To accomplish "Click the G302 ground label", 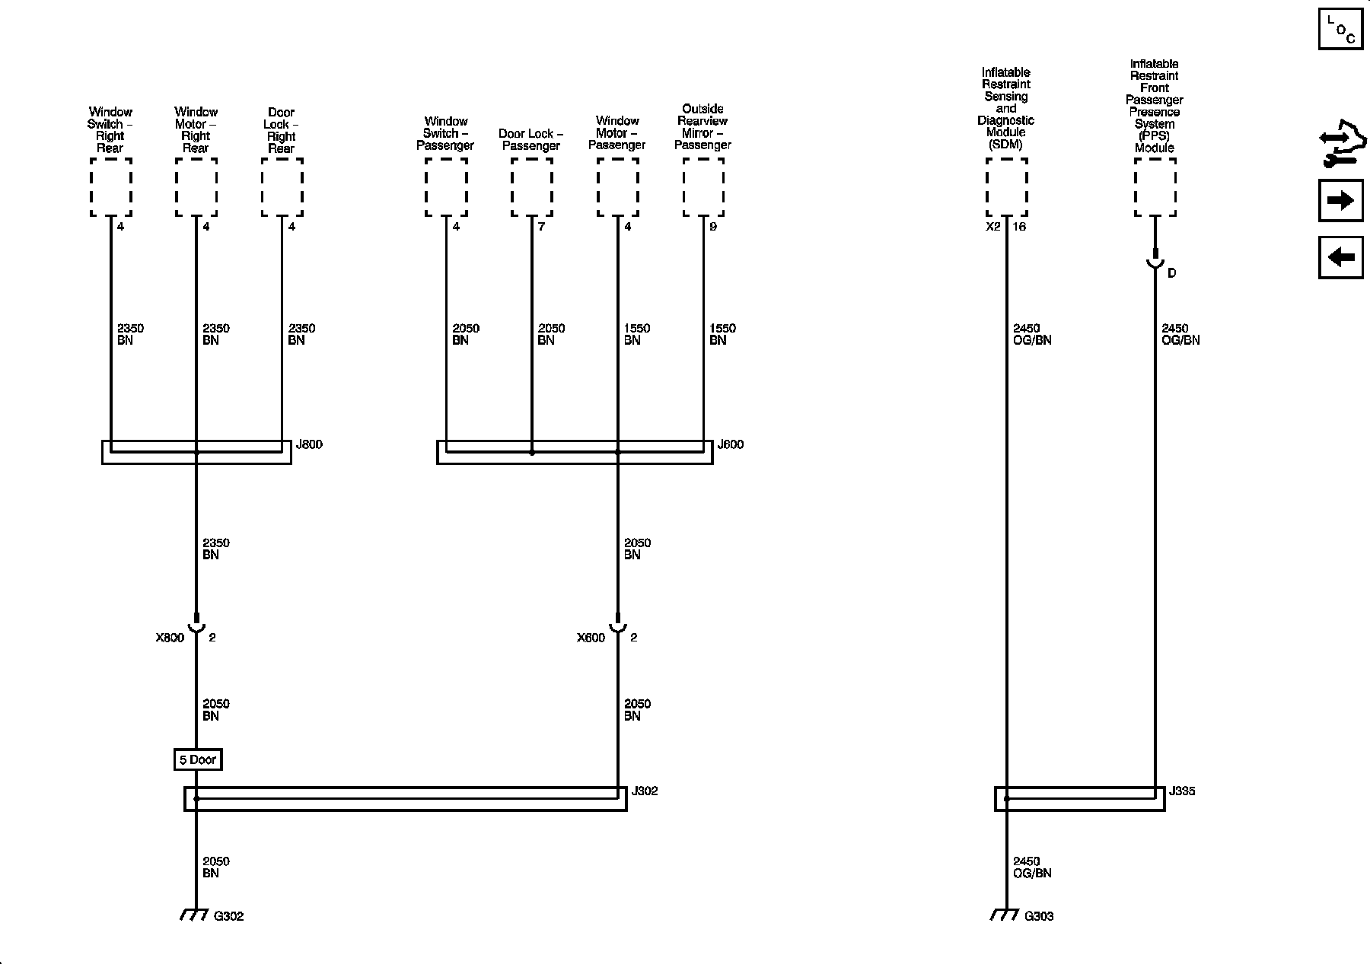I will [228, 916].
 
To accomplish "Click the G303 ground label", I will [1039, 916].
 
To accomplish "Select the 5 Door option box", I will [198, 759].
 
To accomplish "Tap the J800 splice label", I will [309, 444].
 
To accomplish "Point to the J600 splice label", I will [730, 444].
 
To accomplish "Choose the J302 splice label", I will [645, 791].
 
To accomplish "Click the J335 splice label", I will [1182, 791].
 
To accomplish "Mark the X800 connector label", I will [170, 638].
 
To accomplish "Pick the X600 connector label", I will [591, 638].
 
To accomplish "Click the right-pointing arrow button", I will [1340, 200].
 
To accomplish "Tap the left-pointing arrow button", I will [1340, 257].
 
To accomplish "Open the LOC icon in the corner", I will [1340, 29].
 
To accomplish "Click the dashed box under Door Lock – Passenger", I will [531, 187].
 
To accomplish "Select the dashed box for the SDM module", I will [1006, 187].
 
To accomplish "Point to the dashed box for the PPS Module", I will [1155, 187].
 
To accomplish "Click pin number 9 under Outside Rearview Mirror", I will [713, 227].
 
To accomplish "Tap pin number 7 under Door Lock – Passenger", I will [541, 227].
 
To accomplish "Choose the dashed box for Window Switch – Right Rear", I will [111, 187].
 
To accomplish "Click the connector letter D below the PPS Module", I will [1171, 272].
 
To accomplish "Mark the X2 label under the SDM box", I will [993, 227].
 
